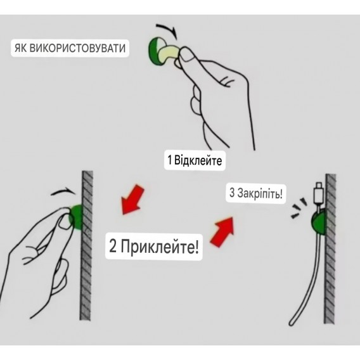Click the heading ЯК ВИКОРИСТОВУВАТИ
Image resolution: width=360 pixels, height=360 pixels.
pyautogui.click(x=70, y=48)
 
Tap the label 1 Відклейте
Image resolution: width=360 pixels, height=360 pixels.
pyautogui.click(x=195, y=160)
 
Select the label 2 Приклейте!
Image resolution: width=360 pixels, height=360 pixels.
pyautogui.click(x=154, y=247)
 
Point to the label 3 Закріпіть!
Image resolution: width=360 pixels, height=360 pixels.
pyautogui.click(x=256, y=193)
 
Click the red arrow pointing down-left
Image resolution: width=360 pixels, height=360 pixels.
pyautogui.click(x=132, y=199)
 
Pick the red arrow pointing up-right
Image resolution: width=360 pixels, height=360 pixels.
pyautogui.click(x=222, y=231)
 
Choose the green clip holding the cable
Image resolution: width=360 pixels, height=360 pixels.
pyautogui.click(x=318, y=222)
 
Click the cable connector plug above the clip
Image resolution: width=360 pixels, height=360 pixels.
pyautogui.click(x=319, y=193)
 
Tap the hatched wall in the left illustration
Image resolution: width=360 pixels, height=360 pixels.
pyautogui.click(x=86, y=245)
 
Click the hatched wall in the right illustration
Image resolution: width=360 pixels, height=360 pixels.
pyautogui.click(x=330, y=248)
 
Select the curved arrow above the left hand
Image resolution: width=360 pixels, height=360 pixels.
pyautogui.click(x=63, y=191)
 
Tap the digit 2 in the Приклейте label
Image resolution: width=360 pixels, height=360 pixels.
pyautogui.click(x=113, y=246)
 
